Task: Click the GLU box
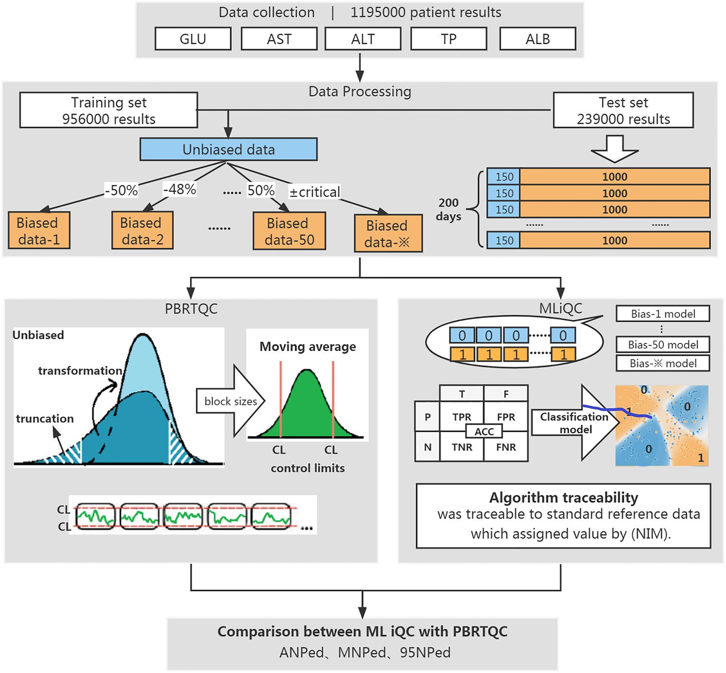tap(193, 39)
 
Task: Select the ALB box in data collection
tap(537, 39)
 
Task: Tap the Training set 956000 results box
tap(109, 110)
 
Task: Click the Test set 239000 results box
tap(623, 110)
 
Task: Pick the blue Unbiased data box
tap(228, 149)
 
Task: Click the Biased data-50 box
tap(289, 231)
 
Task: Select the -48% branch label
tap(180, 189)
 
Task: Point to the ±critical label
tap(315, 192)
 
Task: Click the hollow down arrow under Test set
tap(614, 149)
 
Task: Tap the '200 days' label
tap(448, 209)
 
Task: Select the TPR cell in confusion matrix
tap(462, 417)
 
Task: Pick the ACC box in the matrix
tap(484, 431)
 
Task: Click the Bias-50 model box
tap(662, 345)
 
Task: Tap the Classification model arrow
tap(575, 423)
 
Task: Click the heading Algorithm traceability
tap(563, 497)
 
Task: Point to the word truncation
tap(45, 418)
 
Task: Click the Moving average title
tap(307, 346)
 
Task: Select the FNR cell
tap(506, 447)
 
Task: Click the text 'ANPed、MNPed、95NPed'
tap(365, 652)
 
